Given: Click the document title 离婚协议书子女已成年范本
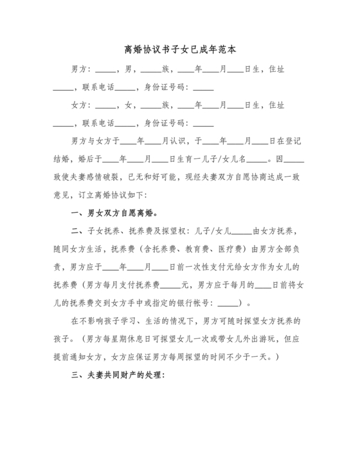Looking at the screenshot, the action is click(x=179, y=49).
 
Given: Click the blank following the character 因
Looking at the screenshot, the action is click(x=293, y=159).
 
